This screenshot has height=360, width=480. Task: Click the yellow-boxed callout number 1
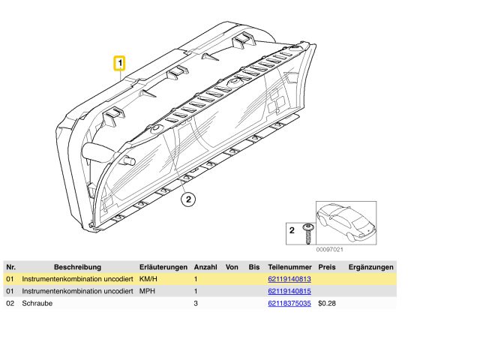(120, 63)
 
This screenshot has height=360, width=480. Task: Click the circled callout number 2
(188, 199)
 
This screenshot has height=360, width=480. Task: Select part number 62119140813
(289, 279)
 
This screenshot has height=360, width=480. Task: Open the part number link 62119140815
(289, 291)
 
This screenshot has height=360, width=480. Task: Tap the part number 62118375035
(289, 303)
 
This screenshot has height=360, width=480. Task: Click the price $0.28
(327, 303)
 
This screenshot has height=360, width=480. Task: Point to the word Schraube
(37, 303)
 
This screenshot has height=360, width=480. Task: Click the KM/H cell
(148, 279)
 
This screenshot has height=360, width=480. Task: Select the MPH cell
(147, 291)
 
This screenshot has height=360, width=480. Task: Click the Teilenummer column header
(290, 267)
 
